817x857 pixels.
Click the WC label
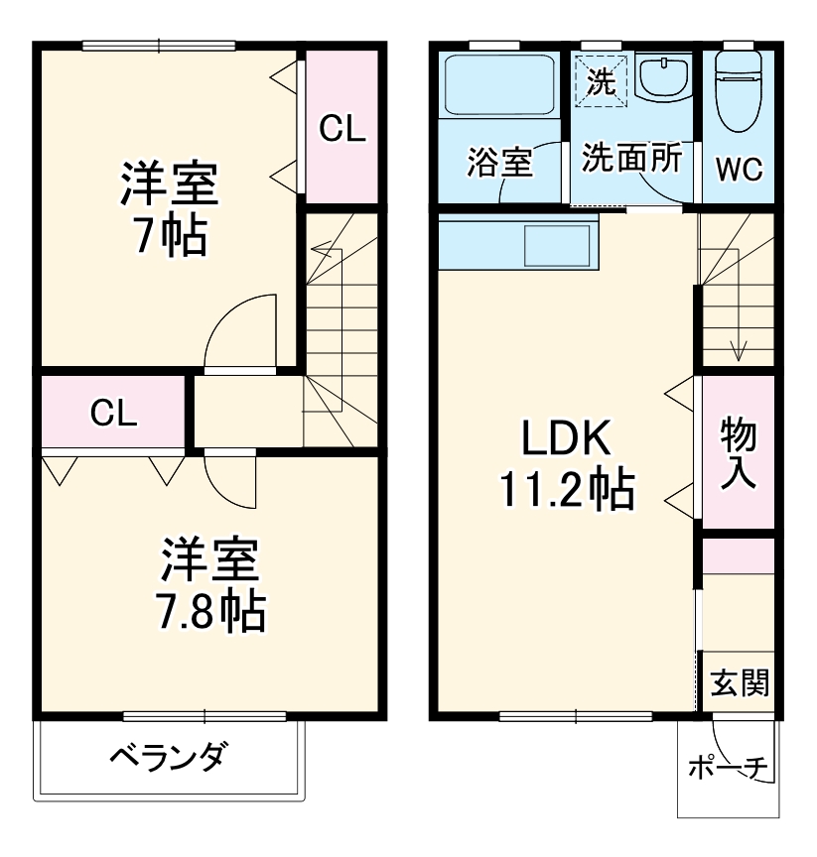[x=739, y=170]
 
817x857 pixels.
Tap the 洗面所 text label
[x=631, y=159]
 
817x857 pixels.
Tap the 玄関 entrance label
[x=740, y=682]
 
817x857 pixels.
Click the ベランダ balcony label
[x=166, y=760]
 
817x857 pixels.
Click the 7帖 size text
[x=169, y=236]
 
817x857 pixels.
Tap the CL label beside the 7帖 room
[x=341, y=128]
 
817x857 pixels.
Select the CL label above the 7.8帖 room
[x=113, y=413]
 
